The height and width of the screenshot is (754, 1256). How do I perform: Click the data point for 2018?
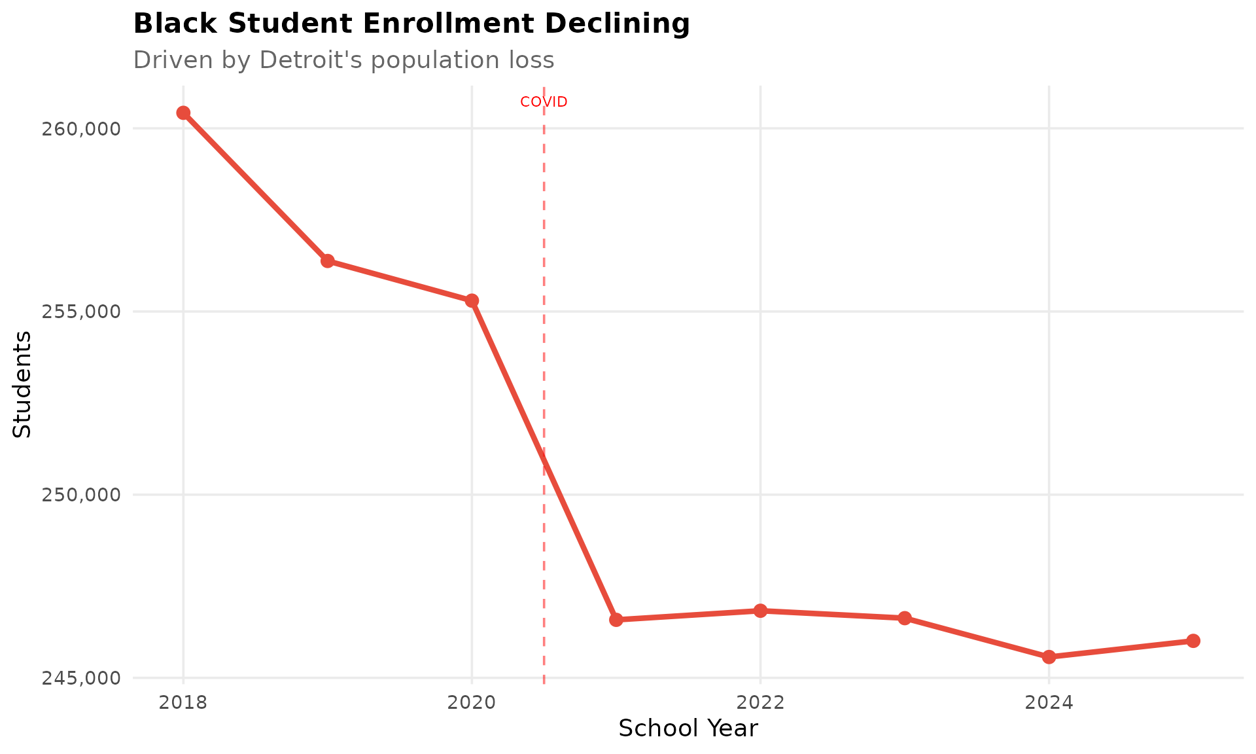tap(183, 113)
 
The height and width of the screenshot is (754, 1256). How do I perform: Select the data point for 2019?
tap(328, 261)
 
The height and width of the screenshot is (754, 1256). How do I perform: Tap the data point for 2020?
tap(472, 300)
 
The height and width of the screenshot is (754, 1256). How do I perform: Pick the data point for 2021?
tap(616, 620)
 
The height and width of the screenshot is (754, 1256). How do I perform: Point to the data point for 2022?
tap(760, 611)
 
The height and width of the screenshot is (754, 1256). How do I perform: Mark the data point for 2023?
tap(905, 618)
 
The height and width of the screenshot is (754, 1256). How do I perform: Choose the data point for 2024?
tap(1049, 656)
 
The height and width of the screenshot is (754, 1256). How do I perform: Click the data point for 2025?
tap(1193, 641)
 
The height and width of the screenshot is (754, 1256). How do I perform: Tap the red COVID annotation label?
tap(544, 102)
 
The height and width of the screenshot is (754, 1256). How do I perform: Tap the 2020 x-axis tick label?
tap(472, 703)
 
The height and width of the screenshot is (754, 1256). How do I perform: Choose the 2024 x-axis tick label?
tap(1049, 703)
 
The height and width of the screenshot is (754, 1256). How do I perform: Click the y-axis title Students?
tap(22, 384)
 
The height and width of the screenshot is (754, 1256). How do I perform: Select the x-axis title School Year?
tap(688, 728)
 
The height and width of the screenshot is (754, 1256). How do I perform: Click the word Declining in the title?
tap(618, 24)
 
